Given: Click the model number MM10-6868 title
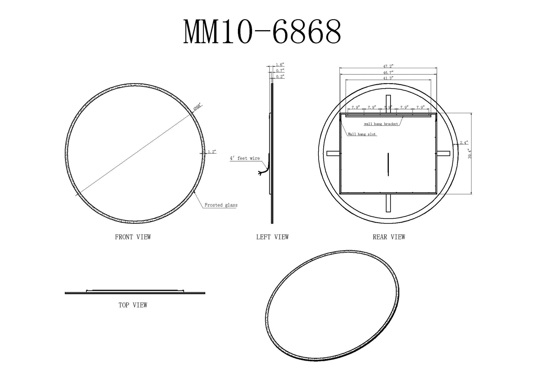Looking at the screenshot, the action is tap(262, 32).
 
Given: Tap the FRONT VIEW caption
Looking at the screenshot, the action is tap(133, 237).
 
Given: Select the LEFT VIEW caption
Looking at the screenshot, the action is tap(272, 237).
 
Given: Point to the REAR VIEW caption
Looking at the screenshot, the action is tap(389, 237).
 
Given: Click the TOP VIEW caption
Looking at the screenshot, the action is tap(133, 305).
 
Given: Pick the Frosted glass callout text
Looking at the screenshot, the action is tap(221, 205).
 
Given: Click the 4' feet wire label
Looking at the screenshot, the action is tap(245, 158).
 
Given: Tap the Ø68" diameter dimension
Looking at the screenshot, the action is tap(197, 107).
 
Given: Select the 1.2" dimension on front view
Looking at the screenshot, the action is tap(212, 152).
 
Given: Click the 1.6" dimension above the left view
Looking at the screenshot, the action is tap(280, 65).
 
